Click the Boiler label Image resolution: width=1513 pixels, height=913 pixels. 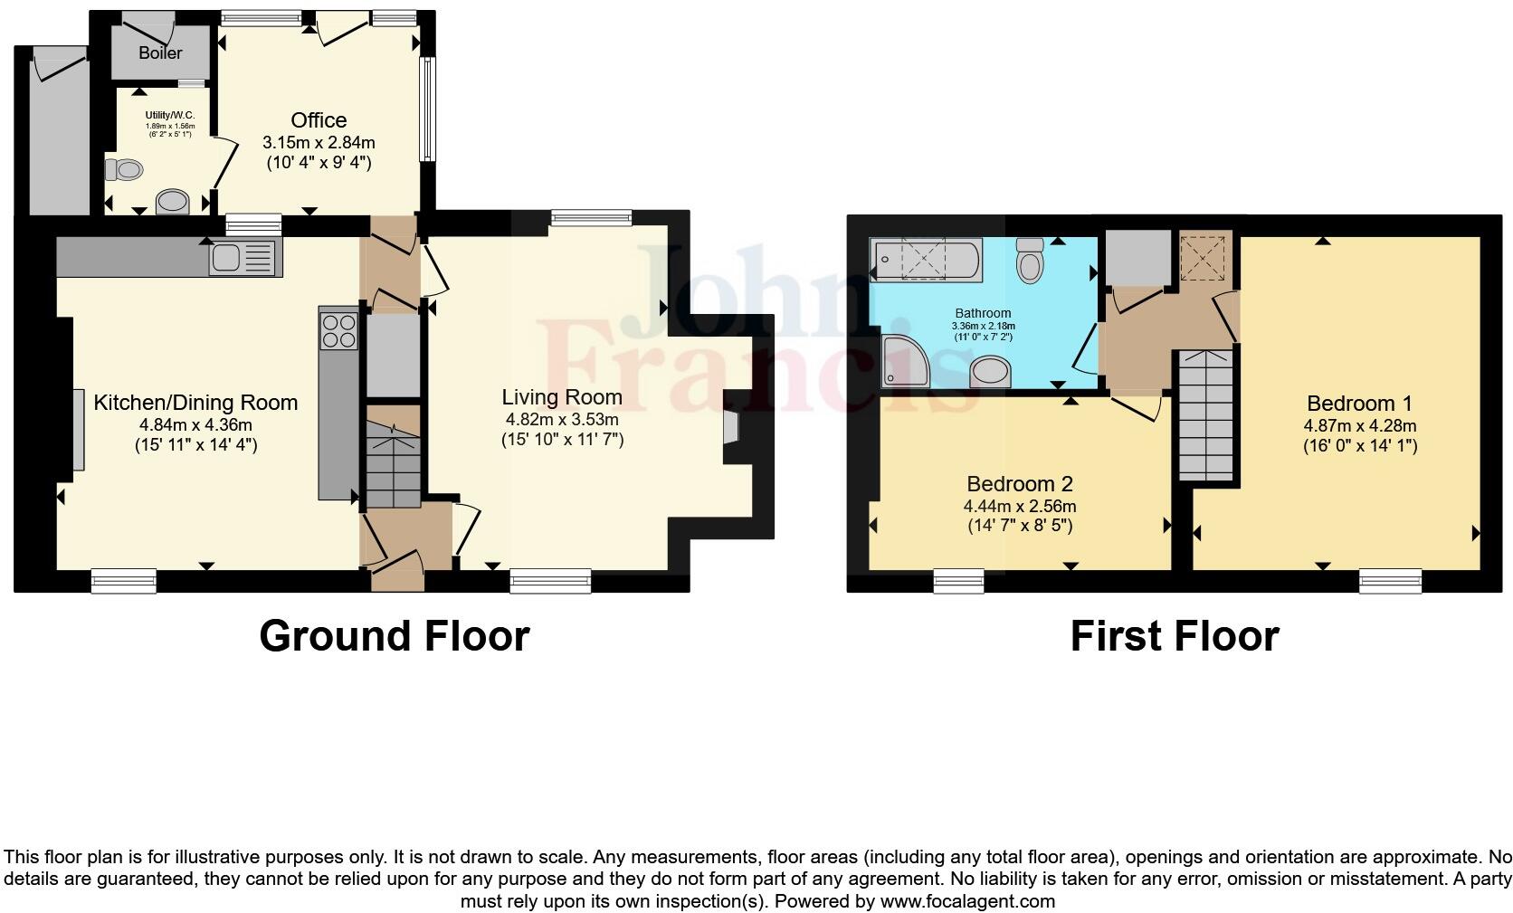[x=160, y=52]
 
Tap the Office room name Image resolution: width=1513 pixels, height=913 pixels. [x=319, y=120]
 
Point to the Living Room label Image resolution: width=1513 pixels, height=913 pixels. [x=562, y=397]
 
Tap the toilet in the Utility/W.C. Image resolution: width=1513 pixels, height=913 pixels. [x=124, y=169]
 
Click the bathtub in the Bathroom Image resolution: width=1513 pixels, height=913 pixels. [x=924, y=260]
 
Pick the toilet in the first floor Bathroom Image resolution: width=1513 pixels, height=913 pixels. [x=1030, y=260]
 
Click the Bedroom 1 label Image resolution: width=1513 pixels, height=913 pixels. [x=1359, y=404]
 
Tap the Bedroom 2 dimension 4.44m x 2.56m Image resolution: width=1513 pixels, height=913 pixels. [x=1020, y=507]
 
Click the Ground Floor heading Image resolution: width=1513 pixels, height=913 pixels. [x=394, y=636]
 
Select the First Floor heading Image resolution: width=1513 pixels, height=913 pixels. [x=1174, y=636]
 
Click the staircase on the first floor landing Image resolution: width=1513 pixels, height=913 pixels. [x=1206, y=414]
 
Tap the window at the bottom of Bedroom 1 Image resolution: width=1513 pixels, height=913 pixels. [x=1390, y=581]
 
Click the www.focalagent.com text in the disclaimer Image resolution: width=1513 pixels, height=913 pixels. [x=967, y=901]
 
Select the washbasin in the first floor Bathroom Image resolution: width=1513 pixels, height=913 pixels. [x=990, y=371]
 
